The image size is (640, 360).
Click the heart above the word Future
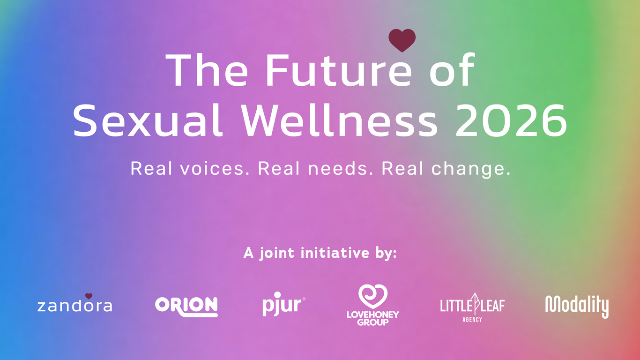pyautogui.click(x=402, y=39)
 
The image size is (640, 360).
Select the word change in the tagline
pyautogui.click(x=470, y=169)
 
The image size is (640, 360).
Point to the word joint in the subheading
pyautogui.click(x=277, y=254)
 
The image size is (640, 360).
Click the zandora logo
pyautogui.click(x=74, y=306)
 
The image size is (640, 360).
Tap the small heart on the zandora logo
pyautogui.click(x=89, y=296)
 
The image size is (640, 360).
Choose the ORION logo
pyautogui.click(x=186, y=306)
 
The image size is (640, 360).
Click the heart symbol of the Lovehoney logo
pyautogui.click(x=372, y=297)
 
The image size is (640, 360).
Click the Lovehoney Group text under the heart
pyautogui.click(x=372, y=318)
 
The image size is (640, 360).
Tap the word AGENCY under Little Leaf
pyautogui.click(x=472, y=319)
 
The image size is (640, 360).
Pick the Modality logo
pyautogui.click(x=577, y=306)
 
